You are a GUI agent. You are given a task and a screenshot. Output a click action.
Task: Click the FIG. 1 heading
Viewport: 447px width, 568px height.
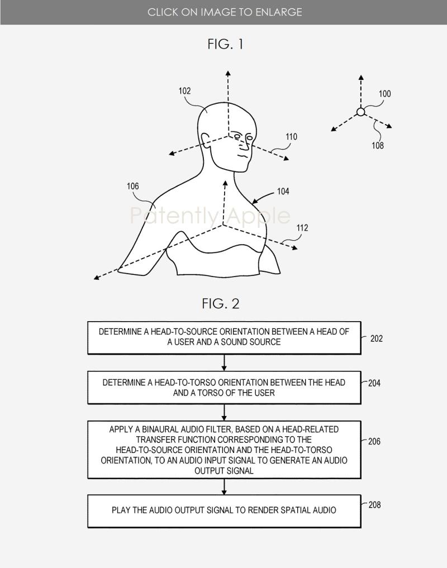[x=225, y=44]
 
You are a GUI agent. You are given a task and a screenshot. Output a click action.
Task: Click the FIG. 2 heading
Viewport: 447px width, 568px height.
[x=221, y=304]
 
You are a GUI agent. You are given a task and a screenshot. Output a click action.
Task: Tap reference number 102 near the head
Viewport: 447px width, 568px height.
[x=184, y=90]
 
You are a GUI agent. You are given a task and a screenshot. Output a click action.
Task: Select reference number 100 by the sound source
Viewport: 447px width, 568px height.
[x=384, y=94]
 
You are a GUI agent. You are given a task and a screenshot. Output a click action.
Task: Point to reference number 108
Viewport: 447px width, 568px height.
[x=377, y=145]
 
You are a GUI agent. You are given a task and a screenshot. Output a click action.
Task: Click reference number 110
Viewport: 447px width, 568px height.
[x=291, y=137]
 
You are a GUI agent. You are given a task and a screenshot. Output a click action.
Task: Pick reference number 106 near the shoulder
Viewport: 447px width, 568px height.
[x=132, y=186]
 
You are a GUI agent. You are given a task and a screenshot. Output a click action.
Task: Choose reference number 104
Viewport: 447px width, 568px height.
[x=283, y=191]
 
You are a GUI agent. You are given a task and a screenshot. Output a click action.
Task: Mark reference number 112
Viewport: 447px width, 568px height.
[x=302, y=228]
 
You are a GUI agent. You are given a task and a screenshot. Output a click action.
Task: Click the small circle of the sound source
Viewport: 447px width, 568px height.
[x=361, y=112]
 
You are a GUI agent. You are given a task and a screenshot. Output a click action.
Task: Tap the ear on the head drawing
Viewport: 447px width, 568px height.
[x=205, y=140]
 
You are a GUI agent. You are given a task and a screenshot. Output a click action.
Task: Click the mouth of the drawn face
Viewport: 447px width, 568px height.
[x=244, y=156]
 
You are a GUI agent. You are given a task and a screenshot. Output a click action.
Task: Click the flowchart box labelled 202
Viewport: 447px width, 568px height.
[x=224, y=337]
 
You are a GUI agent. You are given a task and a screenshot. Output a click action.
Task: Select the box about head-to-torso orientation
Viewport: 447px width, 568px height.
[x=224, y=387]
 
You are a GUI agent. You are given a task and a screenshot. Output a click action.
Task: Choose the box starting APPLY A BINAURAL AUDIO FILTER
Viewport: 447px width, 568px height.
[x=224, y=450]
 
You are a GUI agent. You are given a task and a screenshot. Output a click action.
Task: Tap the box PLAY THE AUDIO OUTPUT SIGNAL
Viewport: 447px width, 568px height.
[x=224, y=511]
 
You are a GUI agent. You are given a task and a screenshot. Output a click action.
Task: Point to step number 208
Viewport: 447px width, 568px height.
[x=374, y=504]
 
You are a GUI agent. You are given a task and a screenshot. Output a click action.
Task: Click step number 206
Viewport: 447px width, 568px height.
[x=374, y=441]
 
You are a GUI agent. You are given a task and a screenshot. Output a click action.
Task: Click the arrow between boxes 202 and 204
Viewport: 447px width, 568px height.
[x=224, y=362]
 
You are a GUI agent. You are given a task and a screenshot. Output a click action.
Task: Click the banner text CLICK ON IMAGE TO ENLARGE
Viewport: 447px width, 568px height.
[x=225, y=12]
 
